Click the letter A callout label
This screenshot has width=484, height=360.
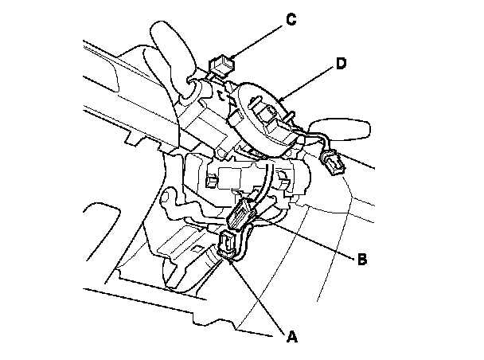point(291,338)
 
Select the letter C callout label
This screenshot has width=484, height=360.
point(291,20)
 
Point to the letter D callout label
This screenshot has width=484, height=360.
point(341,64)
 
